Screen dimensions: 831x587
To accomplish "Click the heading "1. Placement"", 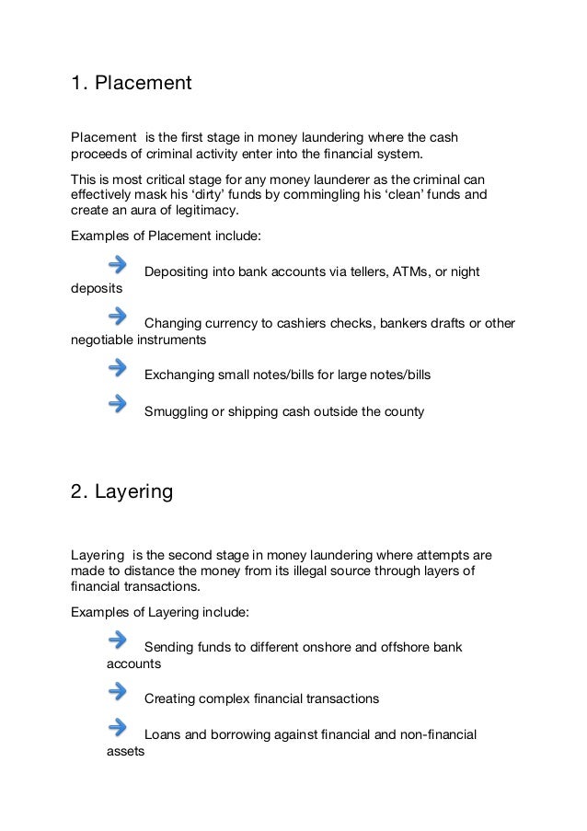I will tap(131, 84).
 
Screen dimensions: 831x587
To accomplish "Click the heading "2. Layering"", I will tap(121, 491).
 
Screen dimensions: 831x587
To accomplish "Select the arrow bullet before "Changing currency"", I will tap(117, 317).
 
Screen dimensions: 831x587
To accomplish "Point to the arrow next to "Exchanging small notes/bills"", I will tap(117, 368).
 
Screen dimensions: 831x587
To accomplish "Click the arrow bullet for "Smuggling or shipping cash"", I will tap(117, 404).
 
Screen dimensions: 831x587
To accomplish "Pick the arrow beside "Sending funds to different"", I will tap(117, 640).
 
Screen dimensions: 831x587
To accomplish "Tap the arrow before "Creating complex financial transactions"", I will tap(117, 691).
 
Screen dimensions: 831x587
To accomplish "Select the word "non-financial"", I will tap(435, 734).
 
